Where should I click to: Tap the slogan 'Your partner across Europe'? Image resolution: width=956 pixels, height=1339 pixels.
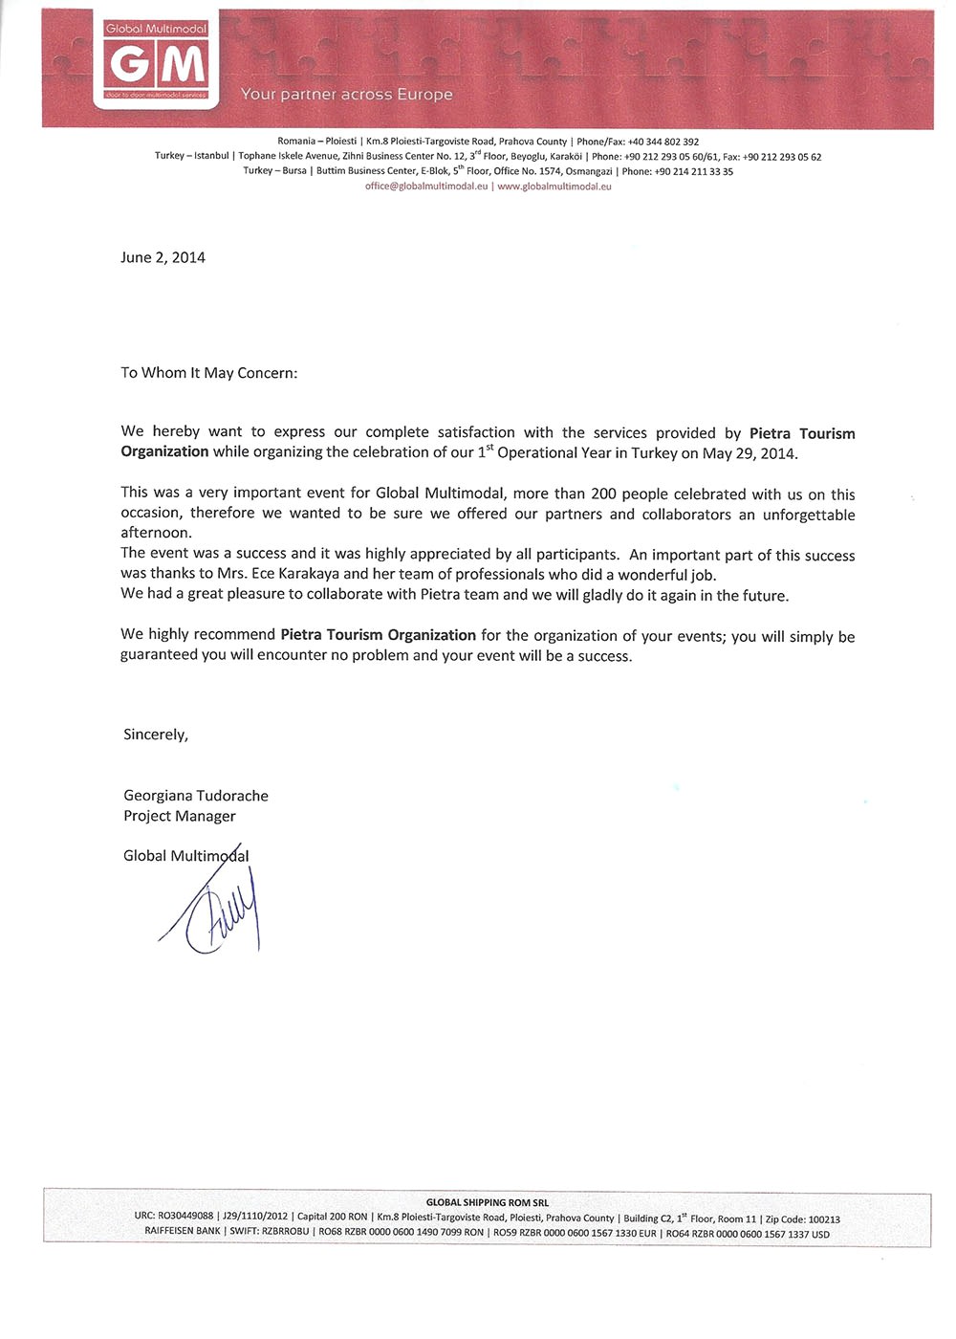tap(346, 95)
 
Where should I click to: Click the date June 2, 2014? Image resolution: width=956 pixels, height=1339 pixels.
tap(163, 257)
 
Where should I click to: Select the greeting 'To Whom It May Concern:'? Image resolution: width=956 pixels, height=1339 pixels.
tap(208, 373)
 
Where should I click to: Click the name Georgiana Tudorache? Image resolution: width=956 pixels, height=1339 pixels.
tap(196, 796)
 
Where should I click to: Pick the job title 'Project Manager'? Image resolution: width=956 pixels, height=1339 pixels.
tap(179, 816)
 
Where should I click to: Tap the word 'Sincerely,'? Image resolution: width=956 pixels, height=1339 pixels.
tap(156, 735)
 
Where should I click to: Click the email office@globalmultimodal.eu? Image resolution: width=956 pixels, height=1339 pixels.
tap(426, 187)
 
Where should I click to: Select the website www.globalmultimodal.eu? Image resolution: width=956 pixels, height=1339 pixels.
tap(554, 187)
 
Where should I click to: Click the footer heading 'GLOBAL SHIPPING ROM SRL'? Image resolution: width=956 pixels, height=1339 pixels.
tap(488, 1202)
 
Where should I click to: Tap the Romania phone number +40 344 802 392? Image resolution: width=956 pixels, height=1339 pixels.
tap(663, 142)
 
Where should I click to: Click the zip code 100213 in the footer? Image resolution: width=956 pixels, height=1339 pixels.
tap(824, 1219)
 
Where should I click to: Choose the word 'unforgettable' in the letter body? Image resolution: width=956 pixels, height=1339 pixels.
tap(809, 515)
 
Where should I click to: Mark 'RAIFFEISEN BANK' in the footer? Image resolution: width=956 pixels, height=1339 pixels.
tap(182, 1233)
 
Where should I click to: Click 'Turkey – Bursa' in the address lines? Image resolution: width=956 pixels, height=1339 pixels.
tap(275, 171)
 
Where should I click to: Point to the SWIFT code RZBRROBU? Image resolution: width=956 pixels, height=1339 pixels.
tap(286, 1233)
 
